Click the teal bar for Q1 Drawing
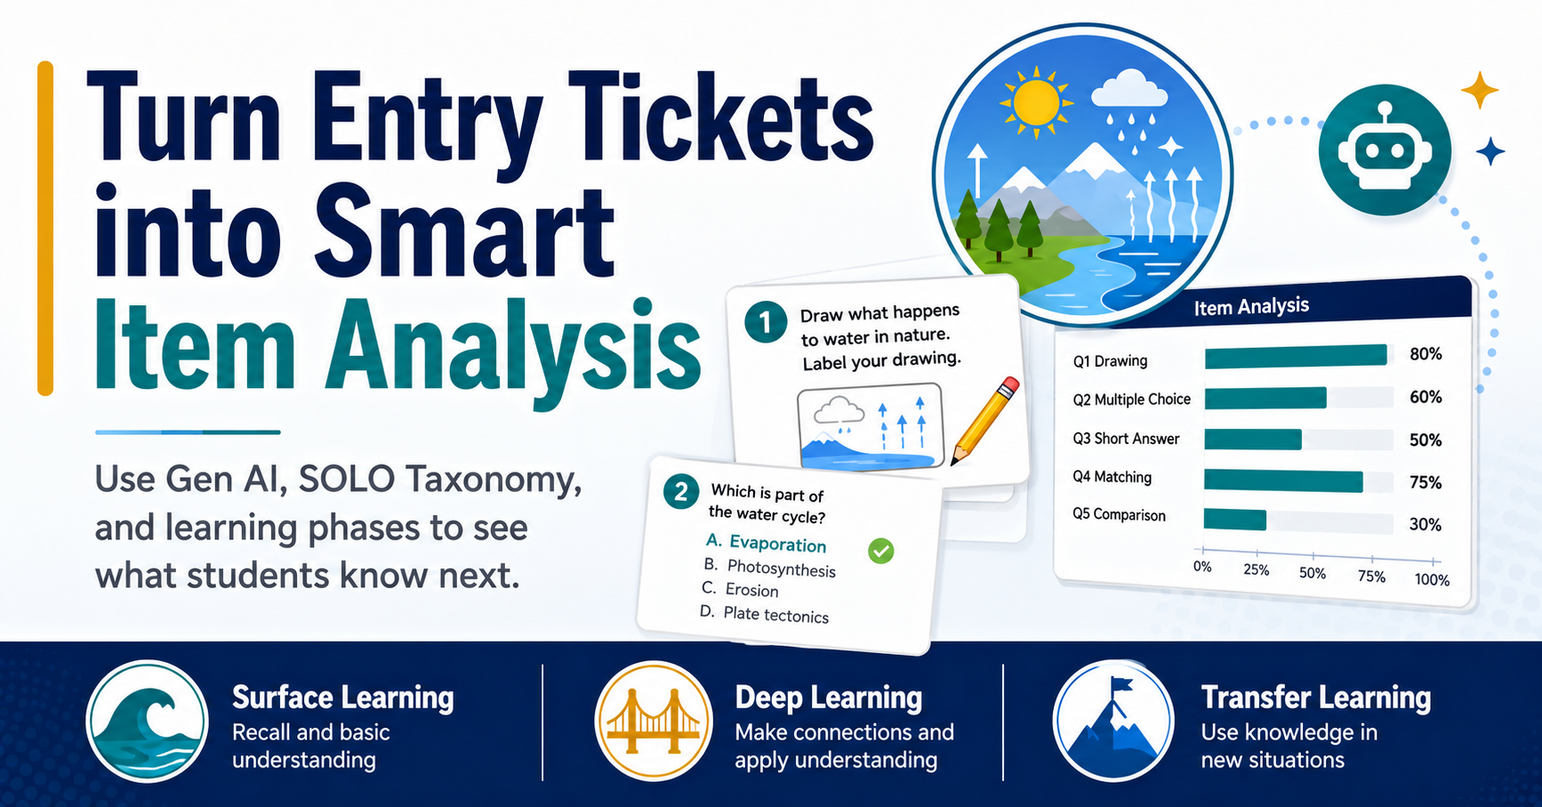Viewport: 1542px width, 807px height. click(1296, 356)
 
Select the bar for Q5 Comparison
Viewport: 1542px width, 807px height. click(1235, 520)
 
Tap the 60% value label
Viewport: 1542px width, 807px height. click(1426, 397)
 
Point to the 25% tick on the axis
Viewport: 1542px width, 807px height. click(1256, 569)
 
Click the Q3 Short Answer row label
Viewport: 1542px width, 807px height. click(1126, 439)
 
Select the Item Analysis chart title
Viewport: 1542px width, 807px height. click(1251, 307)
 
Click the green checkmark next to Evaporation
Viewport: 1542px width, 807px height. click(881, 552)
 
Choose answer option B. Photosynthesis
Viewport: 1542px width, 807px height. click(769, 568)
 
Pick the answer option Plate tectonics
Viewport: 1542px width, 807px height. click(764, 614)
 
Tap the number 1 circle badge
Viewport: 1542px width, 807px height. click(766, 321)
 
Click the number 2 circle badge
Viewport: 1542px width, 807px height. click(681, 492)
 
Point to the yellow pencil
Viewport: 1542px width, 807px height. click(985, 421)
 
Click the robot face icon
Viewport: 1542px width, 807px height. click(1385, 150)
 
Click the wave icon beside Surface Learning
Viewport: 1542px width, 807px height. click(148, 722)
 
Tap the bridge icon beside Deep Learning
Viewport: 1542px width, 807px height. click(654, 722)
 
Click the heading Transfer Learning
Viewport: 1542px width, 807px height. click(1316, 698)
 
